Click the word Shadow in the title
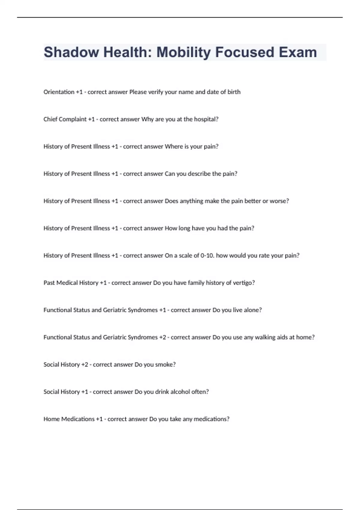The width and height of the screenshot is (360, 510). click(71, 52)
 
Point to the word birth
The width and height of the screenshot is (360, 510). click(234, 92)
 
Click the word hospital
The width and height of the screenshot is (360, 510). click(206, 119)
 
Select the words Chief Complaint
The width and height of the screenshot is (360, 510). click(65, 119)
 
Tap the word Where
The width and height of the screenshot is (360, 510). click(174, 146)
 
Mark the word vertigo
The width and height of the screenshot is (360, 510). click(244, 283)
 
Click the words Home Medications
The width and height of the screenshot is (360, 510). click(69, 419)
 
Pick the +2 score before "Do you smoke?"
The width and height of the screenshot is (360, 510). click(85, 364)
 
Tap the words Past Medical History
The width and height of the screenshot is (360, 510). click(71, 283)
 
